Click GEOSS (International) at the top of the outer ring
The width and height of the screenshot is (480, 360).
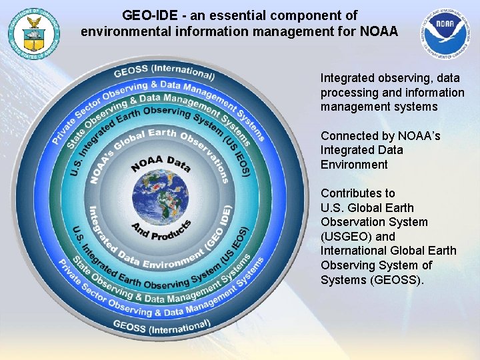(164, 73)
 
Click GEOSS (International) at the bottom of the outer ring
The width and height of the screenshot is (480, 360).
(162, 326)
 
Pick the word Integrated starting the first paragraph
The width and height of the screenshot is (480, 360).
(348, 78)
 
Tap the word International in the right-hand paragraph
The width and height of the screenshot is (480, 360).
(353, 251)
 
